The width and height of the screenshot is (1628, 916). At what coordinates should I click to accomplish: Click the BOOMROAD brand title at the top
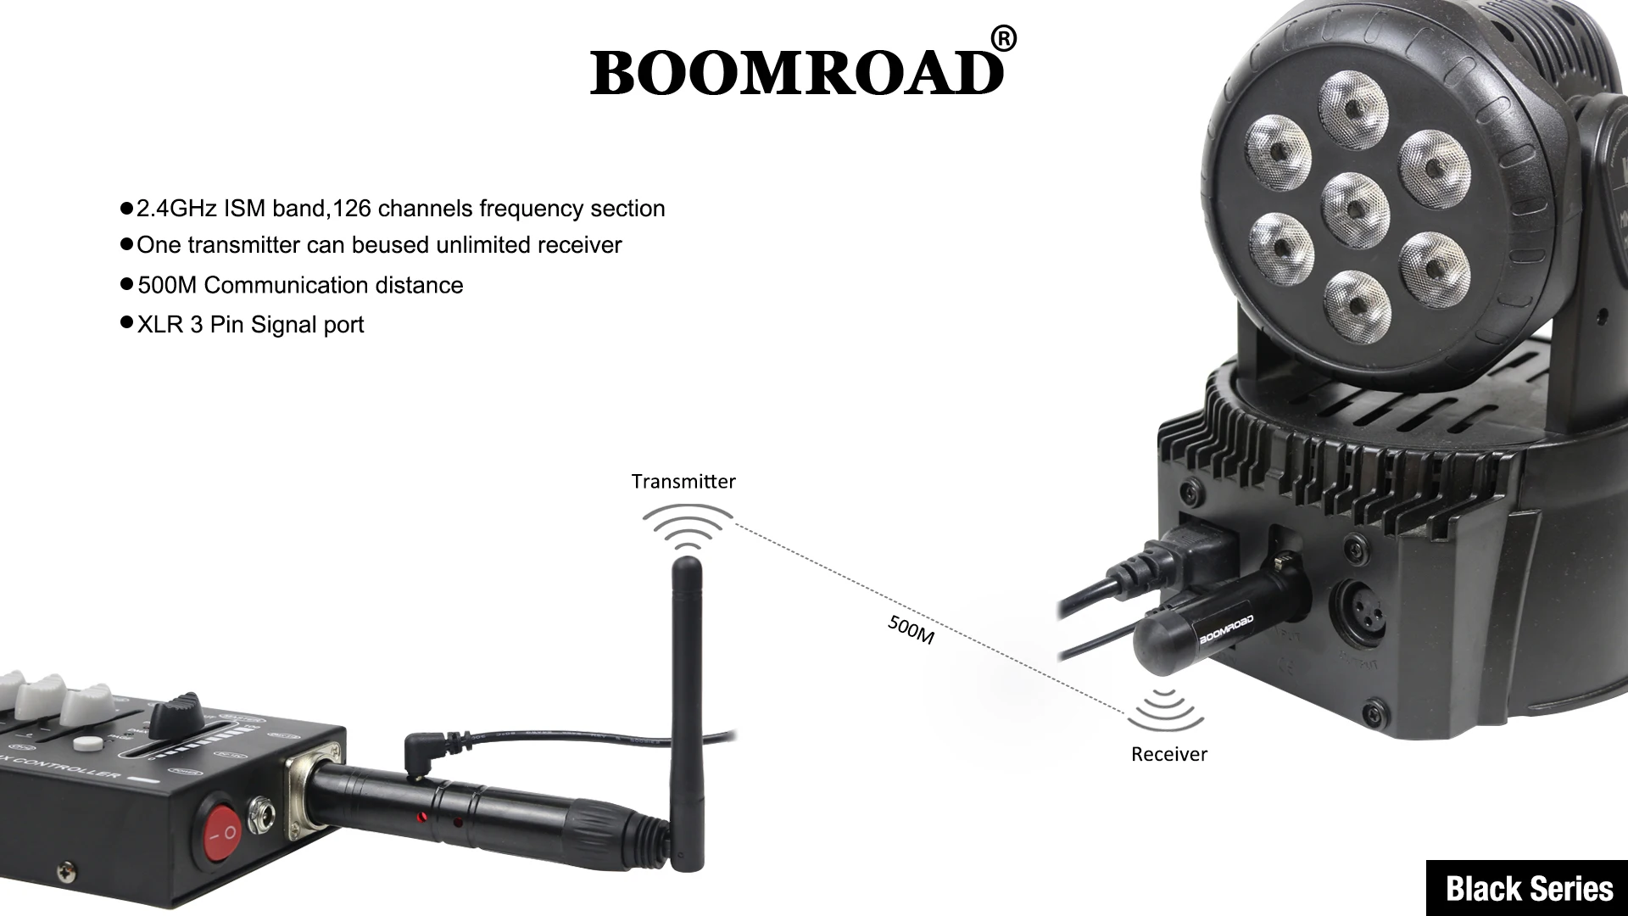(x=797, y=73)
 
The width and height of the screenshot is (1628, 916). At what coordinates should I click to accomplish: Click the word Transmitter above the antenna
(x=683, y=482)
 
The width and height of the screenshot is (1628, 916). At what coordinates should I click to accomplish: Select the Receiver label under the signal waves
(x=1168, y=754)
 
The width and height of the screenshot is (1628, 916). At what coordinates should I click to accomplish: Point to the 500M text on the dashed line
(x=911, y=629)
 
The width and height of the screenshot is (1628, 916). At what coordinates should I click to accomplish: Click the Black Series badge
(x=1528, y=888)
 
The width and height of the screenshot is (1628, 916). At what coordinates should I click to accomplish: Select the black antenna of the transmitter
(x=686, y=712)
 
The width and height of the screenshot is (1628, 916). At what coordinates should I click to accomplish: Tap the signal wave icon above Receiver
(x=1166, y=711)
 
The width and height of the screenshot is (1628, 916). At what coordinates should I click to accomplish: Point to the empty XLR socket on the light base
(x=1358, y=610)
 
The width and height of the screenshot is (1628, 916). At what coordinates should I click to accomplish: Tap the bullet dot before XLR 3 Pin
(x=127, y=322)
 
